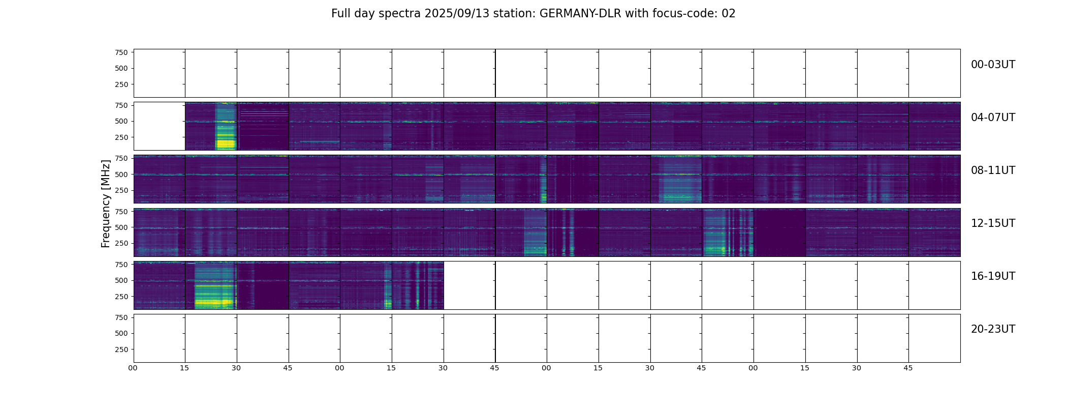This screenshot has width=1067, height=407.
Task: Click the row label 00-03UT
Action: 992,65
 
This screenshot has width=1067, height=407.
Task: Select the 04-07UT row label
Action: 992,118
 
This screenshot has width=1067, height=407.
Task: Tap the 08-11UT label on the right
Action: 992,170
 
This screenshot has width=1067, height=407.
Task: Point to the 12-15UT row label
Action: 992,223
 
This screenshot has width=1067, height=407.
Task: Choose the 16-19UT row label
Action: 992,276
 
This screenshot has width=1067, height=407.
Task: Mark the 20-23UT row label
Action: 992,329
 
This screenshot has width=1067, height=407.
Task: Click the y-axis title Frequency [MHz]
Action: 106,203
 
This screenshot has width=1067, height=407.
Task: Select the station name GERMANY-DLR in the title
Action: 580,14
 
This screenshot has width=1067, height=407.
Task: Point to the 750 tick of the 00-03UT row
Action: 121,52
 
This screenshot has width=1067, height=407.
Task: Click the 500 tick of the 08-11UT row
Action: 121,175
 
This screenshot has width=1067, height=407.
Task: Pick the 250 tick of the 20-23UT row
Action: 121,350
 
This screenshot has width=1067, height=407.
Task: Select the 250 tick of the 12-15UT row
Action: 121,244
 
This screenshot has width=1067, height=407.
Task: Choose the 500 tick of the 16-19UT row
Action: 121,280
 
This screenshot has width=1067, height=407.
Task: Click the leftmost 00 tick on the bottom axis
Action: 133,368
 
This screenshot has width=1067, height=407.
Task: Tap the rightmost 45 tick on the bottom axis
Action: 908,368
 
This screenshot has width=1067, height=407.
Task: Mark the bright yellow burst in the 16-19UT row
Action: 213,302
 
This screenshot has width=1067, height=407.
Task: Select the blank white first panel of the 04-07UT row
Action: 159,126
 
